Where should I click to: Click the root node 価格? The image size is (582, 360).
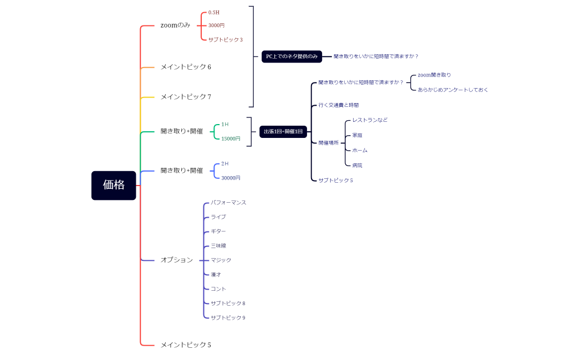[x=114, y=185]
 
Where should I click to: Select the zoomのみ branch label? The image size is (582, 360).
[x=175, y=25]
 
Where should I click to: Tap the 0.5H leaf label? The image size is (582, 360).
[x=214, y=12]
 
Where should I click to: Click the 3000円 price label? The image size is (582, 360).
[x=216, y=25]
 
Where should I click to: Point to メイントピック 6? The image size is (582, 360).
[x=186, y=67]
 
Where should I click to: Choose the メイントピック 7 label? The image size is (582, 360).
[x=186, y=97]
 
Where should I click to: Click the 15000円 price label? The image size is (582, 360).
[x=231, y=138]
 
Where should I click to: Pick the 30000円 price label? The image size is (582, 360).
[x=231, y=178]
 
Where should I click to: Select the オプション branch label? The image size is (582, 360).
[x=177, y=260]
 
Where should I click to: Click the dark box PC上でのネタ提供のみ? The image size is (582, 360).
[x=292, y=56]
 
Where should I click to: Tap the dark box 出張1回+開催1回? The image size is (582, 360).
[x=283, y=132]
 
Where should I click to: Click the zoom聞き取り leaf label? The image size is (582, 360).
[x=434, y=75]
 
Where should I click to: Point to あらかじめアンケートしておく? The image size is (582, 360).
[x=453, y=90]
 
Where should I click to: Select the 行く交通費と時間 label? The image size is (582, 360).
[x=338, y=105]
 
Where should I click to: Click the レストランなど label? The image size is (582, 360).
[x=370, y=120]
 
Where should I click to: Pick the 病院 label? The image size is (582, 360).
[x=357, y=165]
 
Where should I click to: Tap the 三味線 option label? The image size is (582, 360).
[x=218, y=245]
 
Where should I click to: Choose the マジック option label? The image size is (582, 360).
[x=221, y=260]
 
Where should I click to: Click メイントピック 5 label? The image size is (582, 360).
[x=186, y=345]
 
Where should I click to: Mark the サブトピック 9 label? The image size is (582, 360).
[x=228, y=317]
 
